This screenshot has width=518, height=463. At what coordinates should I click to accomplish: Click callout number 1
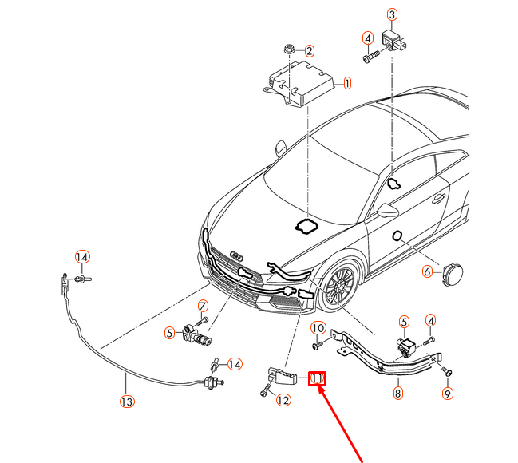[347, 82]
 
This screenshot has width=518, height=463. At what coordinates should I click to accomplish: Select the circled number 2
[309, 51]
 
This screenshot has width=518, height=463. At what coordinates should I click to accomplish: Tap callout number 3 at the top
[392, 14]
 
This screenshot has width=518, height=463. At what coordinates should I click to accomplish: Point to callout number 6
[427, 271]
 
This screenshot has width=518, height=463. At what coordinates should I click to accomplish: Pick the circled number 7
[203, 306]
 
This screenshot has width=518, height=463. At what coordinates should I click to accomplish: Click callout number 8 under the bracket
[397, 393]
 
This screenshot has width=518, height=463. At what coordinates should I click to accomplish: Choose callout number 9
[447, 393]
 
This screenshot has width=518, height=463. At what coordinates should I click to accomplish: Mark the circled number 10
[317, 328]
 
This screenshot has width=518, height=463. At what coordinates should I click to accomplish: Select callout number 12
[283, 401]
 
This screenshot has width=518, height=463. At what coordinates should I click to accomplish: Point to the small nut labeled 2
[288, 49]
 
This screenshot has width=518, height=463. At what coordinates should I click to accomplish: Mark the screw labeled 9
[447, 372]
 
